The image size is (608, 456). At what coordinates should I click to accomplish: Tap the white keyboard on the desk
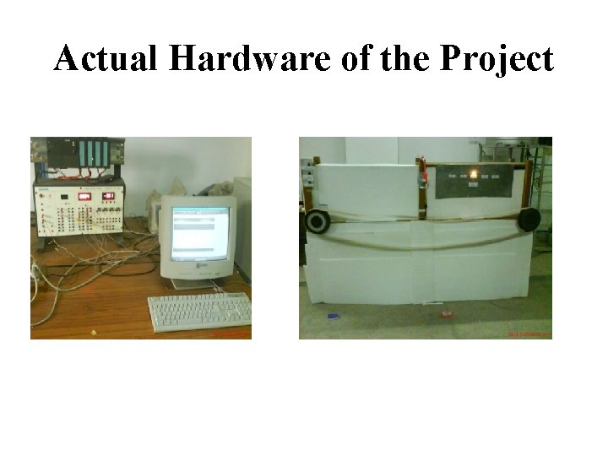199,312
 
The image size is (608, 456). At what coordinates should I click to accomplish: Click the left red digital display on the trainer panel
84,197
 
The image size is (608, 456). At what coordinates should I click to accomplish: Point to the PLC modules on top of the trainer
81,154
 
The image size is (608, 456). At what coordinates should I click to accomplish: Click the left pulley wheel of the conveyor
318,221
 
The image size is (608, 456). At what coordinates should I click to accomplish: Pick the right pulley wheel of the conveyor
529,219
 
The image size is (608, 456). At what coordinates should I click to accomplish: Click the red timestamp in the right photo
527,334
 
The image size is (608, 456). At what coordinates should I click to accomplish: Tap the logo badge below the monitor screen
202,268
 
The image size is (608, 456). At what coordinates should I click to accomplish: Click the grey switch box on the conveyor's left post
308,176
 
